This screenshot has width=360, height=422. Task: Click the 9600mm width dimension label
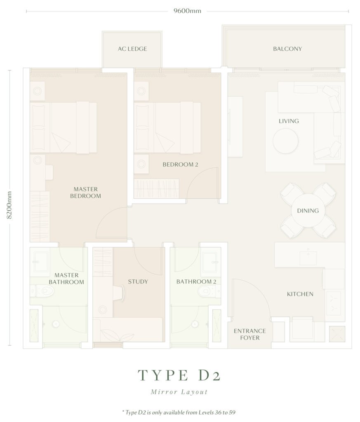(x=187, y=11)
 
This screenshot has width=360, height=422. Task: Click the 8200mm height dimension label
(x=9, y=205)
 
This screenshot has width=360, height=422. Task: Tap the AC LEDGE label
(x=132, y=49)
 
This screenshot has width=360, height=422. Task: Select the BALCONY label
(x=287, y=49)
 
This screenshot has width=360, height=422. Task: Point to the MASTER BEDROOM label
(x=86, y=192)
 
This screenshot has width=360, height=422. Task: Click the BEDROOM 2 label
(x=180, y=164)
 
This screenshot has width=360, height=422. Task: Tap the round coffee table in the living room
(x=285, y=141)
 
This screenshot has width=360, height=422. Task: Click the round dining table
(x=308, y=211)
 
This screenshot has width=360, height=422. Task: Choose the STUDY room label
(x=138, y=281)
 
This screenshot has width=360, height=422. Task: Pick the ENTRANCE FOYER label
(x=249, y=334)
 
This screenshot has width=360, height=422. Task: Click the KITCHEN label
(x=300, y=294)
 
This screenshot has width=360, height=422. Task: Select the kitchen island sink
(x=308, y=256)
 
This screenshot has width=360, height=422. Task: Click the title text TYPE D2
(x=179, y=375)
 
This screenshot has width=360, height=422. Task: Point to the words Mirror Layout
(x=179, y=392)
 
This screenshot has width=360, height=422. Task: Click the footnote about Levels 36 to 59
(x=179, y=412)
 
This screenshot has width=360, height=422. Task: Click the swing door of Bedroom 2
(x=202, y=183)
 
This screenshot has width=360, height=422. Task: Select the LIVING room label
(x=289, y=121)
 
